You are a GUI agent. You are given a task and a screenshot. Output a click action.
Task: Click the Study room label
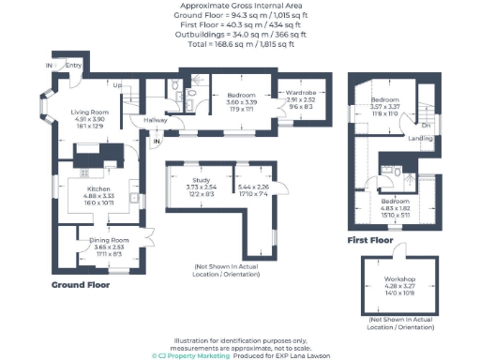pos(199,178)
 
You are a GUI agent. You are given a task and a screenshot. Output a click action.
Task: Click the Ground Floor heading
pos(82,282)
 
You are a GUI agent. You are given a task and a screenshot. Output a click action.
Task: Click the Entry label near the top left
pos(74,65)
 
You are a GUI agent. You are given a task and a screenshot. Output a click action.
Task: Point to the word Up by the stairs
pos(117,85)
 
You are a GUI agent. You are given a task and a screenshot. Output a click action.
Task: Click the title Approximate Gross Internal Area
pos(240,6)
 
